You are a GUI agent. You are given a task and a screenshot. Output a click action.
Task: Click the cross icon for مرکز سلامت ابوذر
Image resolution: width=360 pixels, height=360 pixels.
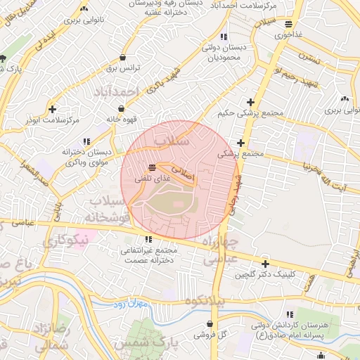point(54,109)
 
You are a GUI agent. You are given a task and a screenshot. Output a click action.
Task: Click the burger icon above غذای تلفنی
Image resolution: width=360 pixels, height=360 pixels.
point(152,167)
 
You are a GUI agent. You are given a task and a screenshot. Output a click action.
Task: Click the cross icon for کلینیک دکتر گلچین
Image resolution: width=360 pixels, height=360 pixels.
point(264,264)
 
